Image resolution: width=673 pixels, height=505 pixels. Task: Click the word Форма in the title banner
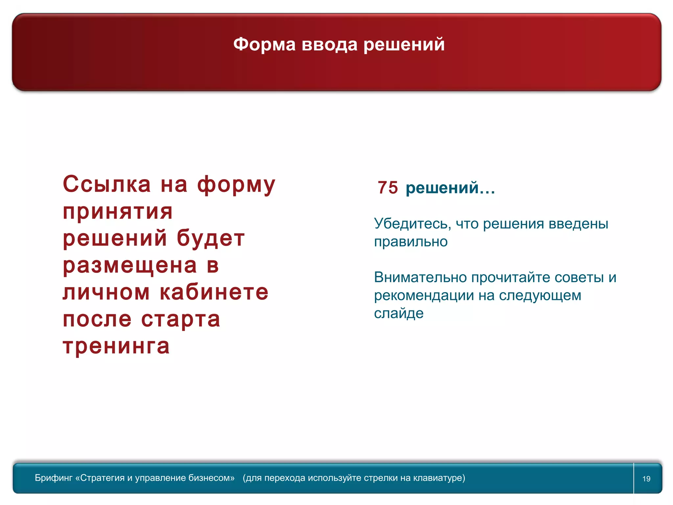(264, 44)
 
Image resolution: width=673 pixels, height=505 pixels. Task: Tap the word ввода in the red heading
(329, 44)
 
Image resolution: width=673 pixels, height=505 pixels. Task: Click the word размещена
(130, 265)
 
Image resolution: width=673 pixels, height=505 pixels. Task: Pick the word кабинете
(214, 292)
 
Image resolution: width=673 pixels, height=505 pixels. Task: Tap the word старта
(181, 319)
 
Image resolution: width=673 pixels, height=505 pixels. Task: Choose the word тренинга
(116, 346)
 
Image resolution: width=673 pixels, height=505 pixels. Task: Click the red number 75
(388, 188)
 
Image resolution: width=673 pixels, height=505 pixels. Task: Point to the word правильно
(411, 242)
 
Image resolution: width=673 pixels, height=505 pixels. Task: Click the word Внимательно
(420, 277)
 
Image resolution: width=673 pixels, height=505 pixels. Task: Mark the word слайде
(399, 313)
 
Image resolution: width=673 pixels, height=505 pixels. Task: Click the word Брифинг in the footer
(54, 478)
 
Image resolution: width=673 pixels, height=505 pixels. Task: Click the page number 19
(646, 479)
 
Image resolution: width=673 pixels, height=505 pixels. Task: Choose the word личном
(106, 292)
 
